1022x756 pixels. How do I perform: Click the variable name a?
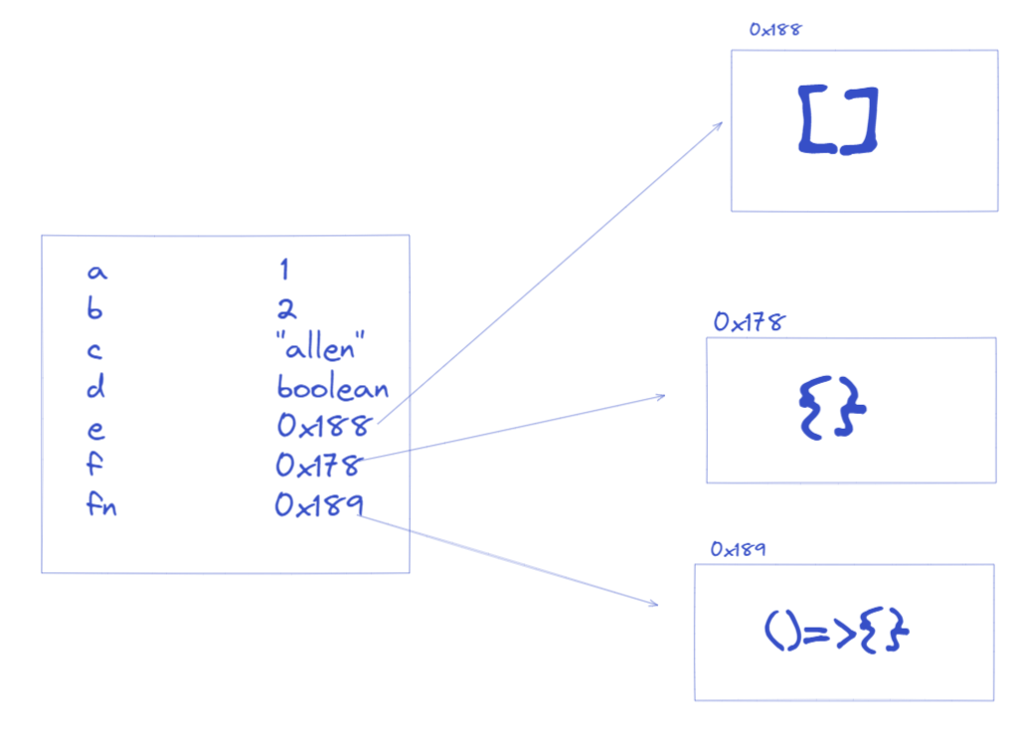tap(97, 272)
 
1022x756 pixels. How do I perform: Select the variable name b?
tap(95, 308)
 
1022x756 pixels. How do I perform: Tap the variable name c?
tap(94, 351)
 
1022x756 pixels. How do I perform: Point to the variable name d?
tap(95, 386)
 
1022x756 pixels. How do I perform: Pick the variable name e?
tap(95, 430)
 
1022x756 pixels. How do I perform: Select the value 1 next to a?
tap(284, 269)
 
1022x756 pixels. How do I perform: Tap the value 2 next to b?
tap(286, 308)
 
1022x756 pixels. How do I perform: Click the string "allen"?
tap(320, 346)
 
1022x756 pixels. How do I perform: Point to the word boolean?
tap(332, 387)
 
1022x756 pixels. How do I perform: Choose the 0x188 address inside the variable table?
tap(324, 426)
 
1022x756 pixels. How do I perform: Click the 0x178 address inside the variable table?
tap(319, 466)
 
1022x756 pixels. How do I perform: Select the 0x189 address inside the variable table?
tap(319, 505)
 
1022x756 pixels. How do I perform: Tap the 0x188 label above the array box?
tap(775, 30)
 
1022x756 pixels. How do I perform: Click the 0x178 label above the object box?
tap(750, 321)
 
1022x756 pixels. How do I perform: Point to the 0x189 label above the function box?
tap(738, 549)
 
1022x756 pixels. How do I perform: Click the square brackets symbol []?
tap(839, 120)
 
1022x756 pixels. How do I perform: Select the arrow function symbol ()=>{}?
tap(837, 630)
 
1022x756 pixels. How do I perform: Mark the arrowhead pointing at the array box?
tap(722, 122)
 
